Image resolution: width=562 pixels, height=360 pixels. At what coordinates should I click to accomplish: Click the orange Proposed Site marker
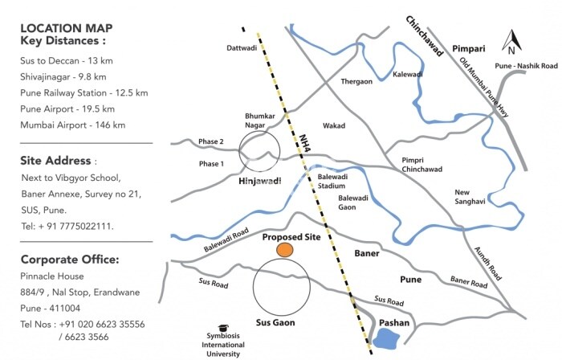click(285, 251)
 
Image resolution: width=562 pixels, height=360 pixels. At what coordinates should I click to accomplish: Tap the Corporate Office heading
click(70, 260)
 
